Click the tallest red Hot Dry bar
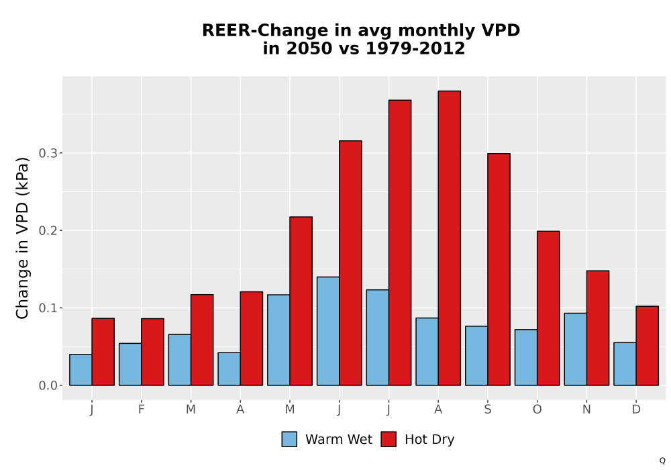point(450,238)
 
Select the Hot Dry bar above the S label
point(499,269)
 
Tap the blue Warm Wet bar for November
point(576,349)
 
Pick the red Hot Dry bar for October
point(548,308)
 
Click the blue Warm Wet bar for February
point(130,365)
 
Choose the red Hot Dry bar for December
point(647,346)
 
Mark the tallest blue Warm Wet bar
point(328,331)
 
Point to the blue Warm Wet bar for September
point(476,356)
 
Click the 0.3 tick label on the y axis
point(48,153)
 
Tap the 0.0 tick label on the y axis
point(48,385)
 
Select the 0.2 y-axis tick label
point(48,231)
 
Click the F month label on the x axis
point(141,410)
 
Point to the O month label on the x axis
point(537,410)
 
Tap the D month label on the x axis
point(636,410)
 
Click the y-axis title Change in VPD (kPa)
point(22,238)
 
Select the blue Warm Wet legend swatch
point(289,439)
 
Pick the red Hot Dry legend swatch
point(389,439)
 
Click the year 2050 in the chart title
point(309,48)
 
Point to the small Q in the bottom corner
point(662,461)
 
